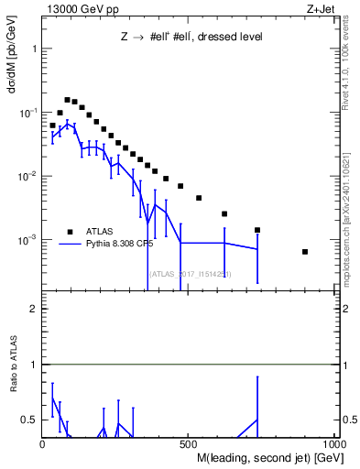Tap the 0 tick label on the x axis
click(43, 444)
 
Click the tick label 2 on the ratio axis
click(33, 309)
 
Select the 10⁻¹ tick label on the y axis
click(26, 112)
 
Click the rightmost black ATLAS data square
click(305, 252)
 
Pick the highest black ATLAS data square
click(67, 100)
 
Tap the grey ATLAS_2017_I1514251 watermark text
click(190, 273)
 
